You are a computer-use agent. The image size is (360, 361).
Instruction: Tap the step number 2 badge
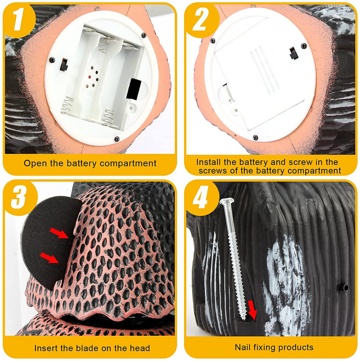coord(200,20)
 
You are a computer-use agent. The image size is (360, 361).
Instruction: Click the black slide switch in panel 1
coord(63,65)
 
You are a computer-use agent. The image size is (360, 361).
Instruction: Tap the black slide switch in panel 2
coord(293,53)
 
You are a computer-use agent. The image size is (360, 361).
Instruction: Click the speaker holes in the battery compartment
coord(92,77)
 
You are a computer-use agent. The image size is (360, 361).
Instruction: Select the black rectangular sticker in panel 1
coord(133,89)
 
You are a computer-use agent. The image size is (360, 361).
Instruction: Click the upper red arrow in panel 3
coord(59,233)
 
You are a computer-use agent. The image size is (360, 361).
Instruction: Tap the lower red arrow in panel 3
coord(49,257)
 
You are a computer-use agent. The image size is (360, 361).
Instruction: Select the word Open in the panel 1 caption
coord(36,163)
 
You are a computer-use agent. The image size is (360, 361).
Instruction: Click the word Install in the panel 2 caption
coord(209,162)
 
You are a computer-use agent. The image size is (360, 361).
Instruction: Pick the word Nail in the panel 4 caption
coord(243,347)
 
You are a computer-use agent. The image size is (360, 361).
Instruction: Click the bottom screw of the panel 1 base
coord(117,139)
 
